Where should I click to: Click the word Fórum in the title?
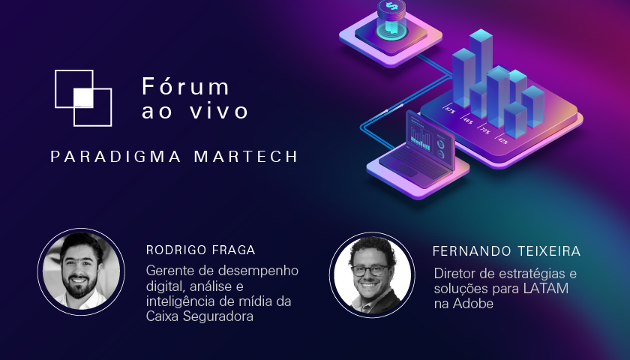(186, 86)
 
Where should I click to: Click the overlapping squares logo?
(83, 97)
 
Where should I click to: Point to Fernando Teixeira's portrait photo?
(373, 273)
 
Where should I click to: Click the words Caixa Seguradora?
(199, 316)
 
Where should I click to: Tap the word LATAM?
(549, 288)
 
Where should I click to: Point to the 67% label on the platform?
(449, 110)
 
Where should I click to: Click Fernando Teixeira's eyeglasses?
(372, 270)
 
